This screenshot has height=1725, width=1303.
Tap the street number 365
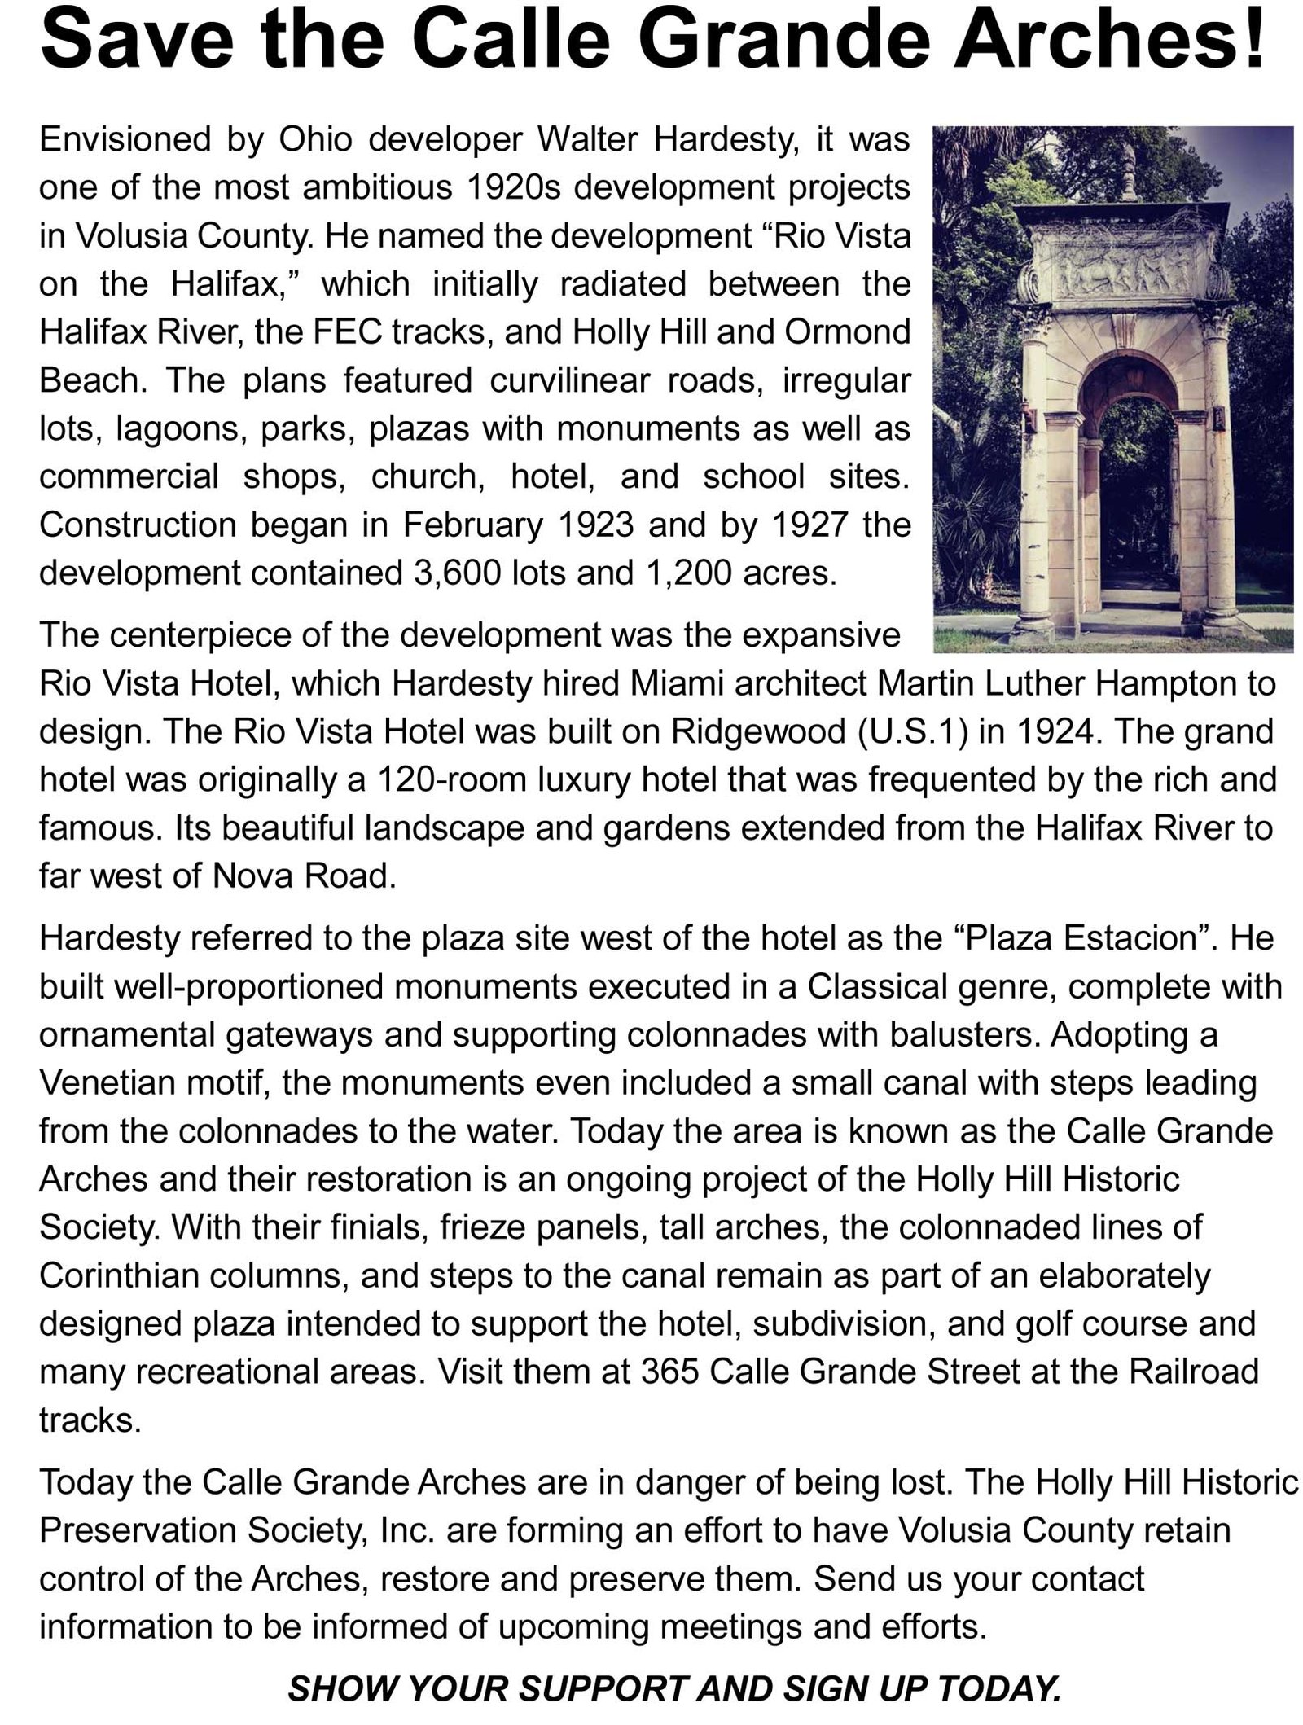669,1372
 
